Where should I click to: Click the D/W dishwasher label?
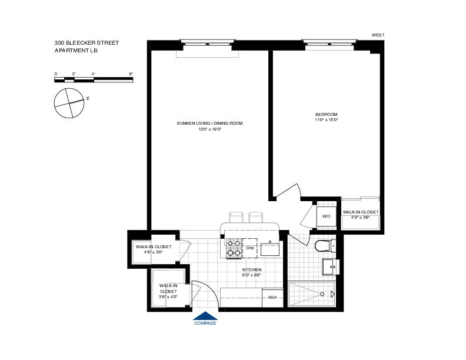(249, 248)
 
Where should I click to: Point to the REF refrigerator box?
(272, 298)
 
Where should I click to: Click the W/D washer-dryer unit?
(325, 216)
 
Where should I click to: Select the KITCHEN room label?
(251, 269)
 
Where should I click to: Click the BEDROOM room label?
(327, 114)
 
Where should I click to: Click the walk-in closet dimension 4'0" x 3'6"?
(360, 218)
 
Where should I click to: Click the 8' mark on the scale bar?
(131, 74)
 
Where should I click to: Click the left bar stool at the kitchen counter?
(235, 217)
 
